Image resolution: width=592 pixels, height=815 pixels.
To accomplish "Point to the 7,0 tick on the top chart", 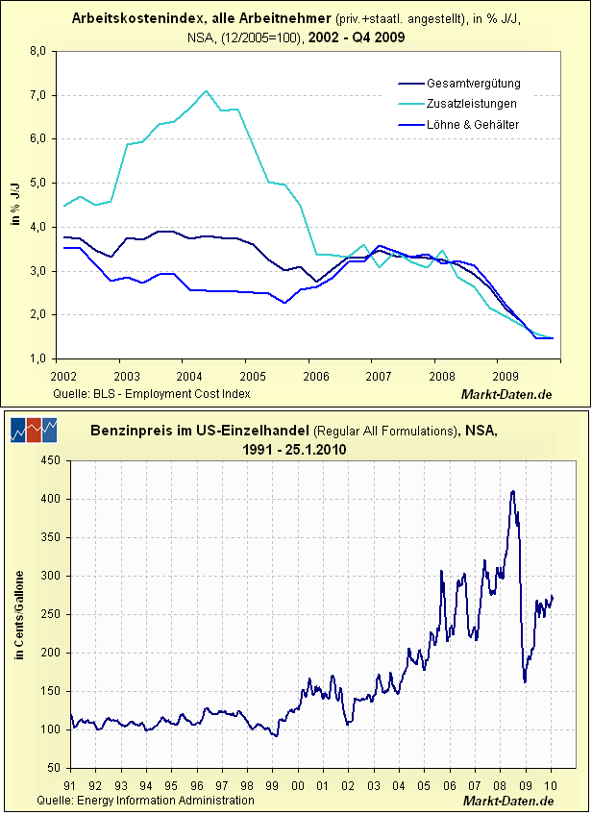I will [40, 95].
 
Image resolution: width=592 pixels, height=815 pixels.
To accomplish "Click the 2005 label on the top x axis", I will [252, 375].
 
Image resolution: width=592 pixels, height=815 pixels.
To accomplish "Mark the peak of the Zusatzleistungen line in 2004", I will [207, 91].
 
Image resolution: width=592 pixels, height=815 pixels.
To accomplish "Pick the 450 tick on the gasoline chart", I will [51, 460].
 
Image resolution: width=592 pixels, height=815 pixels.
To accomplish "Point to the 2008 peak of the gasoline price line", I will [513, 491].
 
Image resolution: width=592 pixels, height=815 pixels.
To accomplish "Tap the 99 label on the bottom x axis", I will [272, 784].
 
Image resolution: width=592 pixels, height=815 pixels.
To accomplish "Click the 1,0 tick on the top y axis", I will [40, 358].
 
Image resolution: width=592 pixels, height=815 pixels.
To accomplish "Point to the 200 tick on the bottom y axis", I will [51, 654].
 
